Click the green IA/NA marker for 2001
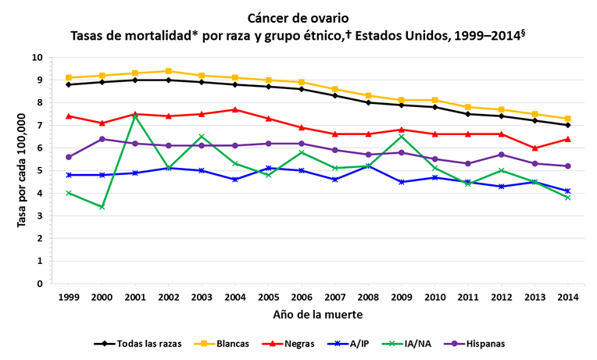135,116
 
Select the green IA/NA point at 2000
102,207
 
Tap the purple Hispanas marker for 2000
102,139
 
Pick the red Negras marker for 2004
235,109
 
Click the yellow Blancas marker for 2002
169,71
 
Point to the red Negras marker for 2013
535,148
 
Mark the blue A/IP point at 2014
569,191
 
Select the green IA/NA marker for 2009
402,137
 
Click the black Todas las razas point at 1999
69,84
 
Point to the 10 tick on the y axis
38,57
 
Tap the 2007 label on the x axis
335,297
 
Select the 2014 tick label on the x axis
569,297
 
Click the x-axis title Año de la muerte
319,315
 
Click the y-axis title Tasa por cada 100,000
21,170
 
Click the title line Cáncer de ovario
298,17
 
